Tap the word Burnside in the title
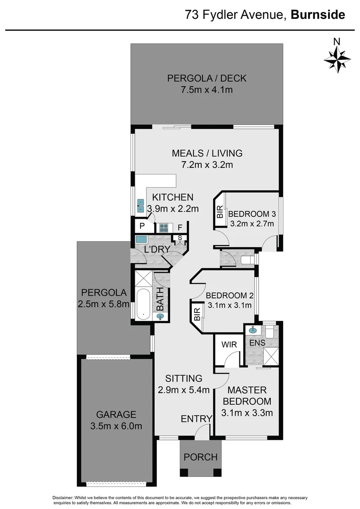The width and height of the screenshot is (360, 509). [x=318, y=15]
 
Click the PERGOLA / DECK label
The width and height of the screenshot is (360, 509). [x=207, y=78]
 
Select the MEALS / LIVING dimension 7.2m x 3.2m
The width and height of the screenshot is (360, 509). [x=207, y=165]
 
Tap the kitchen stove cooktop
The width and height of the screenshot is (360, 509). [x=164, y=227]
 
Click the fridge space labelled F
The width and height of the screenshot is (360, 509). [x=180, y=227]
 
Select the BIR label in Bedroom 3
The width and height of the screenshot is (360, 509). [x=220, y=211]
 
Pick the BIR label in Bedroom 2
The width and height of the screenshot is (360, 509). [x=197, y=314]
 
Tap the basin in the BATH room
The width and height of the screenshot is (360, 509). [x=161, y=317]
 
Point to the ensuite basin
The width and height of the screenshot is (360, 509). [x=253, y=330]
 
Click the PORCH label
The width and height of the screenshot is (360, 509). [x=200, y=457]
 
